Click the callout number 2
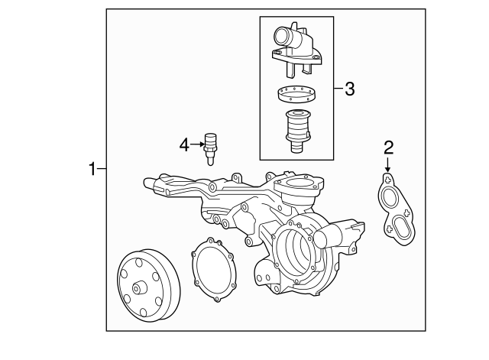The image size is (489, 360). click(x=388, y=146)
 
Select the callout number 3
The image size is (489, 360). click(x=349, y=89)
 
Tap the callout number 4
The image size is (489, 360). click(x=183, y=143)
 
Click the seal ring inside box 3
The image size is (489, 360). click(x=295, y=96)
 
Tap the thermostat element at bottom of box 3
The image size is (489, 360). click(x=296, y=131)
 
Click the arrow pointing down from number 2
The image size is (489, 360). click(x=387, y=164)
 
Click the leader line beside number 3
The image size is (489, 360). click(x=337, y=89)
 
